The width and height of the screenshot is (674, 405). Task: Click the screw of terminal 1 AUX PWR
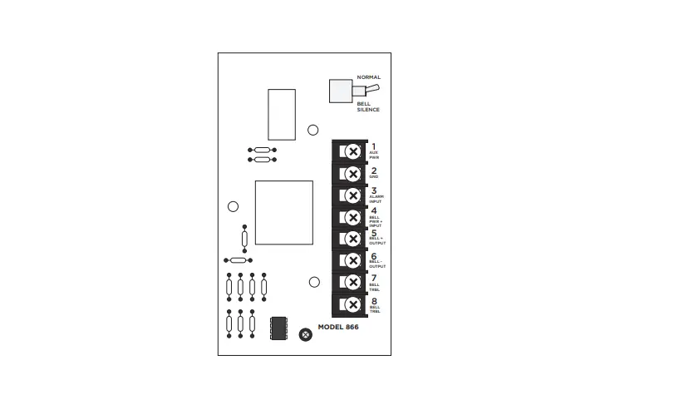[x=352, y=151]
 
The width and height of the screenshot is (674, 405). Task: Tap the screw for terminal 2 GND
[x=352, y=173]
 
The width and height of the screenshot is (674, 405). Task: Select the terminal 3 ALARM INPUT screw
[x=352, y=195]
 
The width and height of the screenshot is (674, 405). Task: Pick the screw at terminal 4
[x=352, y=218]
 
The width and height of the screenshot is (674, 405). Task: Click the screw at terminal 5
[x=352, y=240]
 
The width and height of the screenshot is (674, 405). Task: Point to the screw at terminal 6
[x=352, y=262]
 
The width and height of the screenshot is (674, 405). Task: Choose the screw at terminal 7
[x=352, y=284]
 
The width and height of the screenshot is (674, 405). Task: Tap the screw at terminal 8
[x=352, y=306]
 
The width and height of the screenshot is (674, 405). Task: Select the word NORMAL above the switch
[x=368, y=77]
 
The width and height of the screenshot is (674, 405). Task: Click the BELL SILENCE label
[x=368, y=106]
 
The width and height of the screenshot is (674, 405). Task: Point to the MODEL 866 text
[x=342, y=328]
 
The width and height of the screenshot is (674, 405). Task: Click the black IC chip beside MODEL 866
[x=279, y=327]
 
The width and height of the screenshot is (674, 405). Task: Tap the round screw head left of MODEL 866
[x=305, y=334]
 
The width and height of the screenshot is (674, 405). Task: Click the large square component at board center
[x=283, y=213]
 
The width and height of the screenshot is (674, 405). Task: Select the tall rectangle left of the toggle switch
[x=282, y=113]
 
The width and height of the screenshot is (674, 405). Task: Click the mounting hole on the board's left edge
[x=234, y=206]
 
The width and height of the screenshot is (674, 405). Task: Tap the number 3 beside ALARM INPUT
[x=374, y=190]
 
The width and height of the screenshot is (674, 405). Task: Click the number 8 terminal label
[x=374, y=300]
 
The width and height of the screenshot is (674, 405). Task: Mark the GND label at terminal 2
[x=374, y=177]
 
